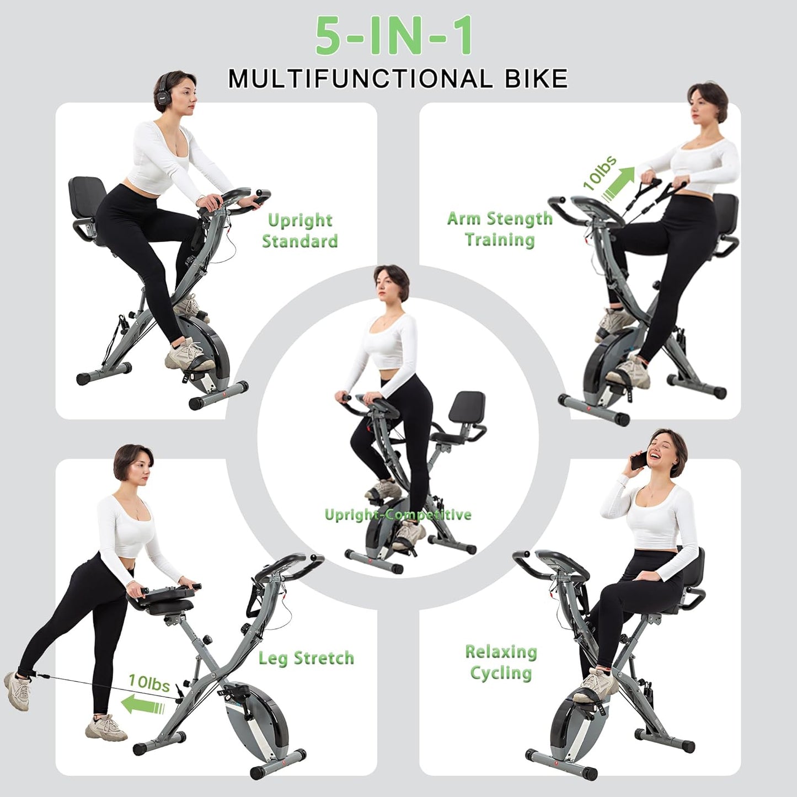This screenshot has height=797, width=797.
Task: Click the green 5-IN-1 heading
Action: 394,36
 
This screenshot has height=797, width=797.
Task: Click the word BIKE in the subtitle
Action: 536,78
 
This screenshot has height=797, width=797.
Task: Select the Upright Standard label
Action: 299,231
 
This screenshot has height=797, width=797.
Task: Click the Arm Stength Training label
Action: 500,229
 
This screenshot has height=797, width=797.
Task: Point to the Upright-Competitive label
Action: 398,515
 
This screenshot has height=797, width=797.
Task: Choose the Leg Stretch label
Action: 306,657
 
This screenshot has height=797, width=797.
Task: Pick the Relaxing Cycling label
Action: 501,662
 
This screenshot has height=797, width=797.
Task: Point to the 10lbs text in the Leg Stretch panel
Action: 149,683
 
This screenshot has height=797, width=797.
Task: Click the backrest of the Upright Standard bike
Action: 87,196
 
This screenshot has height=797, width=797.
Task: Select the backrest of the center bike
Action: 467,406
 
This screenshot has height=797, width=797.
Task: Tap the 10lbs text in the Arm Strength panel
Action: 600,172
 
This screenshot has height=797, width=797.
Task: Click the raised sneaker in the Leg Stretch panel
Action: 17,691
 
